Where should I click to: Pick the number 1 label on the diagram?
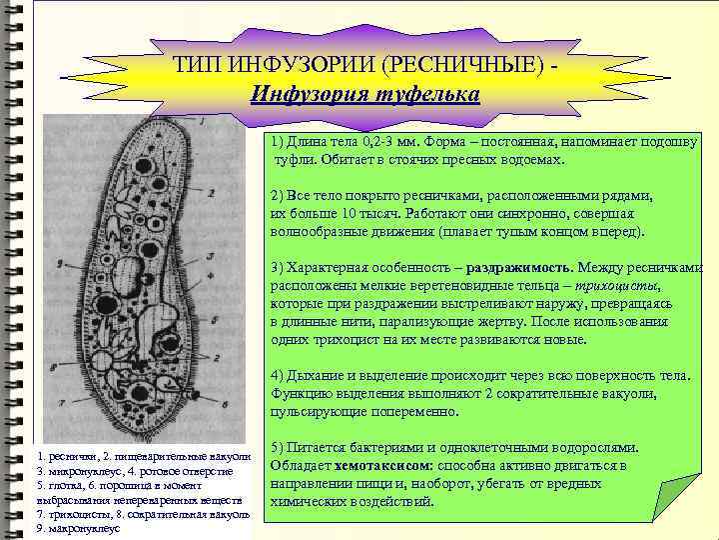[x=202, y=121]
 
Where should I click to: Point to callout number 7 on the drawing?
[x=63, y=404]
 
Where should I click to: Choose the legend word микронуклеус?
[x=84, y=470]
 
